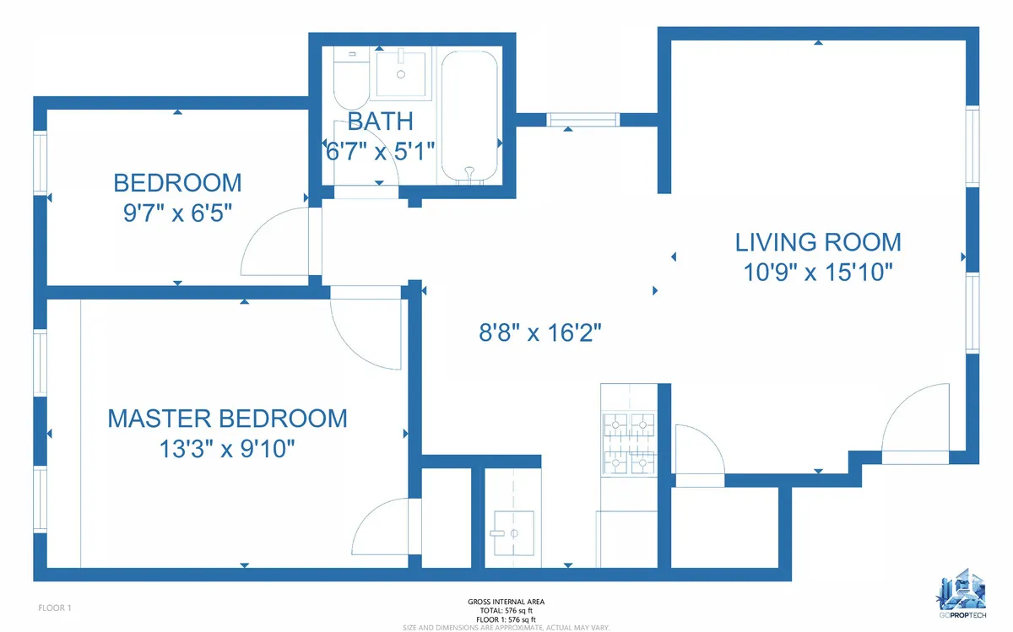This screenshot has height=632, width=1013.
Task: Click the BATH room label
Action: click(x=369, y=121)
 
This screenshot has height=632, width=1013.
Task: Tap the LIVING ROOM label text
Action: click(x=818, y=242)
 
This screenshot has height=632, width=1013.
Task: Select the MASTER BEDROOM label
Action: click(x=227, y=418)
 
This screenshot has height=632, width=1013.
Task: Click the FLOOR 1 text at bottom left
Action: click(x=56, y=608)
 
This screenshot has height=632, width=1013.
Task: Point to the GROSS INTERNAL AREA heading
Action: click(x=506, y=602)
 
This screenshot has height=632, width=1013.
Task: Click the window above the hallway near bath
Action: click(x=583, y=120)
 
